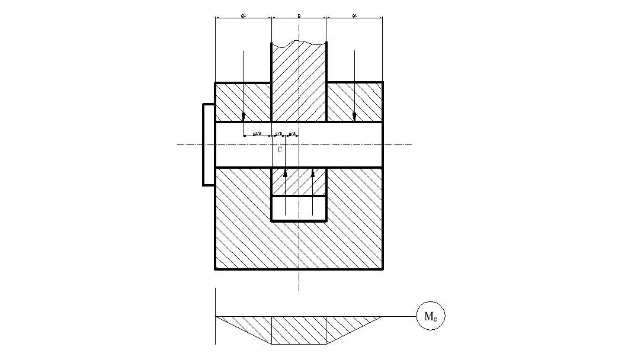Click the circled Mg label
431,316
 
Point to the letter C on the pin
280,150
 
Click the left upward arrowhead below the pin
285,173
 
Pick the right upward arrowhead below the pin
313,173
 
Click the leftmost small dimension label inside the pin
257,134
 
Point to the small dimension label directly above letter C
278,134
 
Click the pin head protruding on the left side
209,144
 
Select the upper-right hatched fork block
354,102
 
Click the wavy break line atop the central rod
299,43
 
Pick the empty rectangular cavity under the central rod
299,208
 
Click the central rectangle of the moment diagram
299,330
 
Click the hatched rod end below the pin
299,182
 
